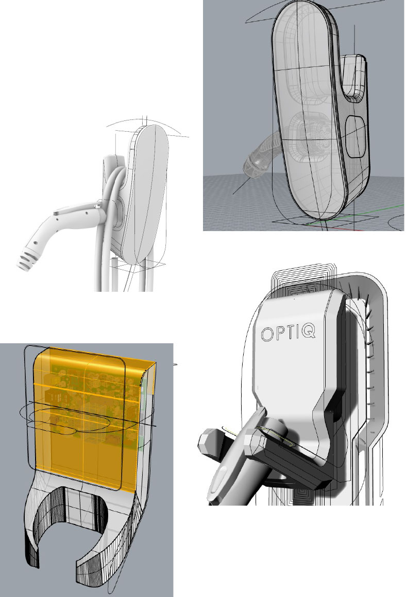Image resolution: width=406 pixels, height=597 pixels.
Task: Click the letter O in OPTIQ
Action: pos(267,335)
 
